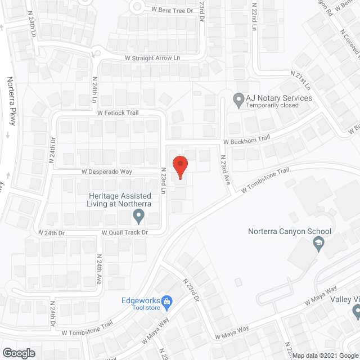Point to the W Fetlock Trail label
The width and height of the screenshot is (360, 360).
[118, 113]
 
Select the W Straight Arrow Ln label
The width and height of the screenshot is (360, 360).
[152, 58]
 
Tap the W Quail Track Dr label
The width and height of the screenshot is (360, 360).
[124, 232]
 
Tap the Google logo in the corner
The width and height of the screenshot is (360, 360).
[19, 353]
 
